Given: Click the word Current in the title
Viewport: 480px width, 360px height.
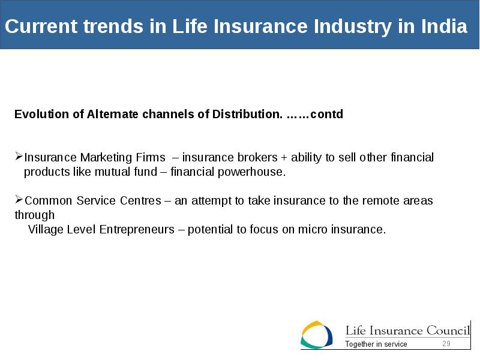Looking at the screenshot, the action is click(41, 26).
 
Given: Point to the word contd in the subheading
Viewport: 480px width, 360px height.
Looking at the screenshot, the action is click(326, 114).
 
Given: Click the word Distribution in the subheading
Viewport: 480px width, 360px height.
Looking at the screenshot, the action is click(246, 114).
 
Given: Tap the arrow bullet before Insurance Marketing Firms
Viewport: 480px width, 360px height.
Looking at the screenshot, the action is click(19, 157).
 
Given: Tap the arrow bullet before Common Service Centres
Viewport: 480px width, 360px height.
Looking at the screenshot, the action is click(19, 200).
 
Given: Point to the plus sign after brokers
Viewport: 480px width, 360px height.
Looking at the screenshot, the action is click(284, 158).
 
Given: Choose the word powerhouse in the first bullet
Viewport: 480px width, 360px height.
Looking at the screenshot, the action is click(251, 172).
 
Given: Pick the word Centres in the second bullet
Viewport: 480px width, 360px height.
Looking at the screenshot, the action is click(140, 201).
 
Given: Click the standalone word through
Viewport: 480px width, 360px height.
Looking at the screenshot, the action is click(35, 215).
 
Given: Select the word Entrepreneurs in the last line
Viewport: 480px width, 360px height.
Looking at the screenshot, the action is click(137, 230).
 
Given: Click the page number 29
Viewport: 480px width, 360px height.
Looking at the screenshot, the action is click(446, 344).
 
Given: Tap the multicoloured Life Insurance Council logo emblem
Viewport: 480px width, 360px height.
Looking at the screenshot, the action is click(317, 335).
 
